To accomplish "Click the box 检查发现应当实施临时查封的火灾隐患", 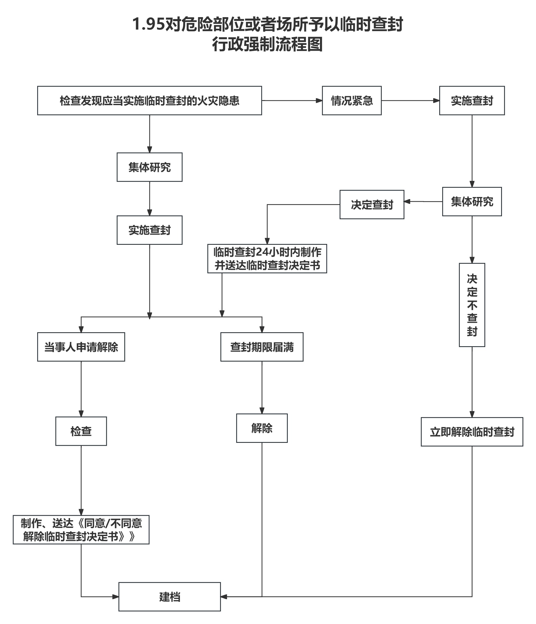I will (149, 101).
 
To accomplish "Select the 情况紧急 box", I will (352, 101).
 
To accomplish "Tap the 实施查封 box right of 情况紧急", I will (472, 101).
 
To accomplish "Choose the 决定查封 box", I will (372, 204).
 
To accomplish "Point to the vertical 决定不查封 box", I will (472, 305).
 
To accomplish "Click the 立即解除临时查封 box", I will (472, 432).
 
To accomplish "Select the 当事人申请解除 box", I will (81, 347).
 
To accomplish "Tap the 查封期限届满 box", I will (262, 347).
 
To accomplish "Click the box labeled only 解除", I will (262, 428).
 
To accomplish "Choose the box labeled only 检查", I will (81, 431).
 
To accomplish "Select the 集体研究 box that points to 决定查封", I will (472, 201).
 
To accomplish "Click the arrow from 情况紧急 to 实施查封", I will (410, 101).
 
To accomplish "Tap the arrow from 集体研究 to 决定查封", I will (423, 201).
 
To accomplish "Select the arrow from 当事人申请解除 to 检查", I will (81, 388).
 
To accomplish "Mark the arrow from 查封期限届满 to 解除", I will (262, 387).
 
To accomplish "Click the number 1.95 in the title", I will (148, 24).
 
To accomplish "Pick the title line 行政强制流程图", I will (267, 45).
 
